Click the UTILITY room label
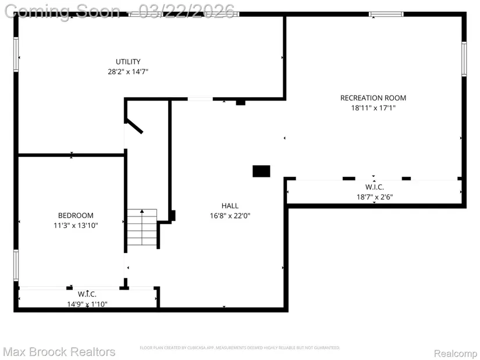(127, 62)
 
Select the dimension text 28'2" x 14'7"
(127, 72)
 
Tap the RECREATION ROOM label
(373, 98)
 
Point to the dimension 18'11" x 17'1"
(373, 108)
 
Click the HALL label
(230, 205)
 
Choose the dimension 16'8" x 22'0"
(230, 215)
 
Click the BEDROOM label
(76, 215)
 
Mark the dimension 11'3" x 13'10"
(76, 225)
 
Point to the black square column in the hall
(261, 171)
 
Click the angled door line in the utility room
(134, 126)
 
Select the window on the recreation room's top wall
(387, 14)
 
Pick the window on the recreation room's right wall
(464, 59)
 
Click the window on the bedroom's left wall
(16, 266)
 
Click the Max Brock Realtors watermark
(59, 352)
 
